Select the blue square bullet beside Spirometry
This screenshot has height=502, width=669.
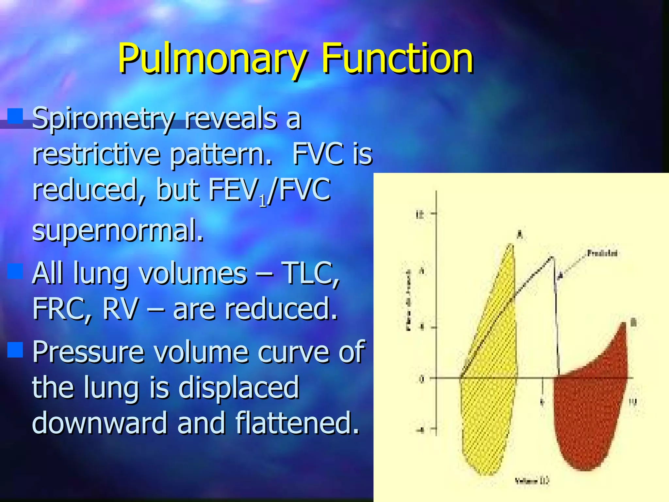click(x=15, y=116)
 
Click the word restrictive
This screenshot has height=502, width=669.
click(x=96, y=154)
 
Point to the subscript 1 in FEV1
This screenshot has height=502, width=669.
click(x=263, y=202)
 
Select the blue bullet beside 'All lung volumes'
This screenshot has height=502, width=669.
click(x=15, y=271)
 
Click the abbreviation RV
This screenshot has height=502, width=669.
click(x=120, y=309)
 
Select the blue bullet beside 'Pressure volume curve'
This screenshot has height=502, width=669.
click(x=15, y=350)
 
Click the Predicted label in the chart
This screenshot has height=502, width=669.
click(x=602, y=253)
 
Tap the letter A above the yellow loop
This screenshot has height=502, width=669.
click(x=520, y=234)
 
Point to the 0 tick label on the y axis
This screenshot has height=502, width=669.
click(x=422, y=379)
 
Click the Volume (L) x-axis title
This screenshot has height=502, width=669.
click(x=532, y=480)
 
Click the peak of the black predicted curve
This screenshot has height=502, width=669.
click(x=552, y=258)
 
